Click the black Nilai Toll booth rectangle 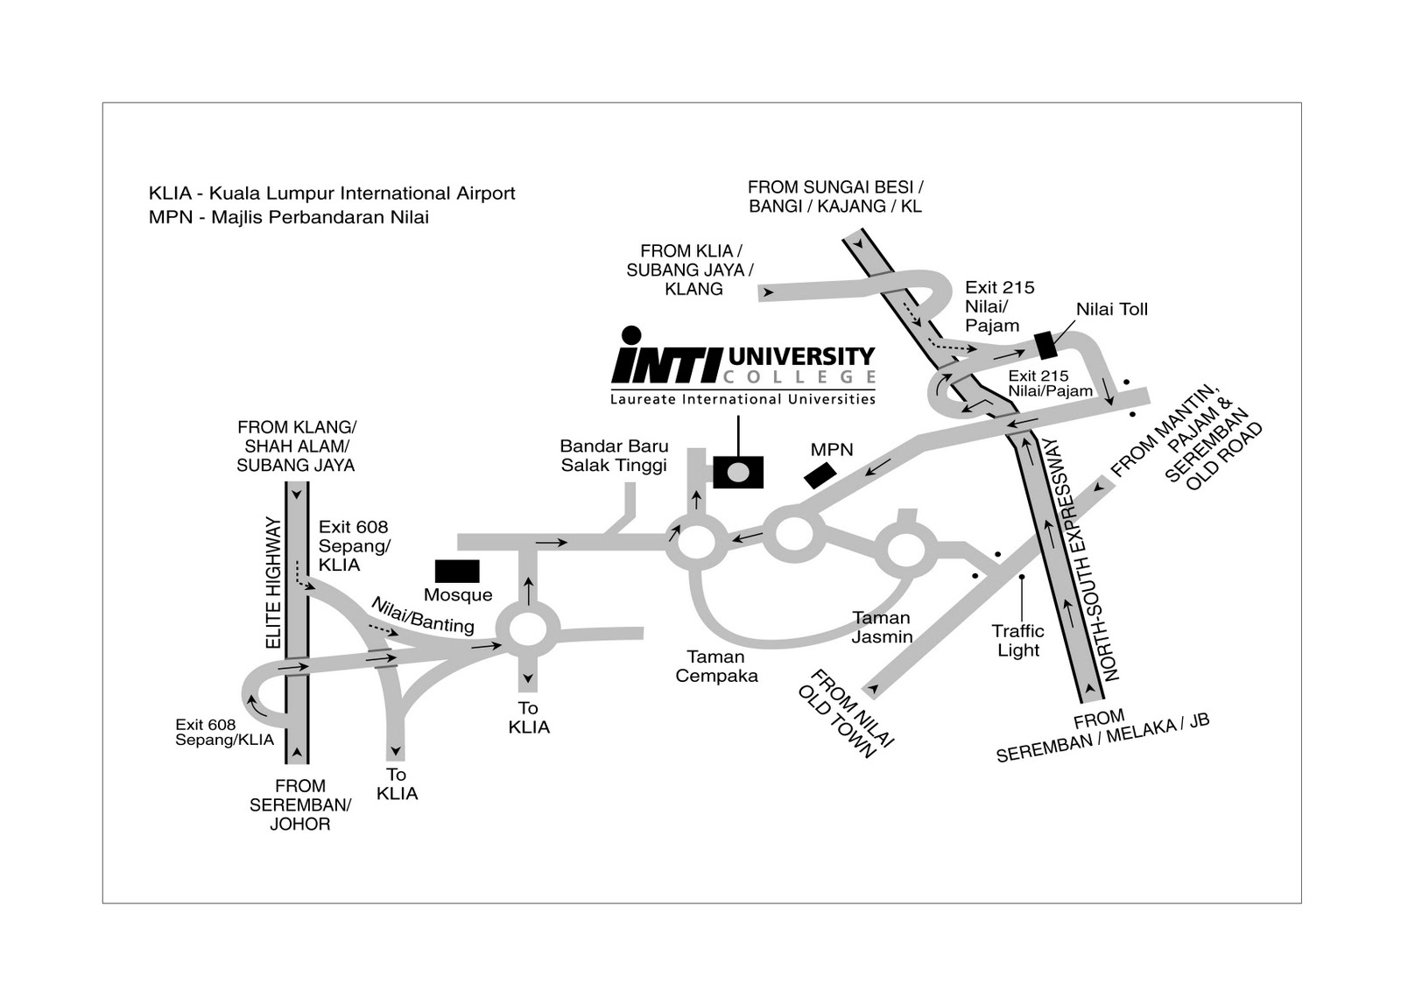click(1045, 346)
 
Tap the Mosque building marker click(457, 571)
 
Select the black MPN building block click(820, 476)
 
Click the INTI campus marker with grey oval click(738, 472)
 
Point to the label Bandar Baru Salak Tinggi click(614, 456)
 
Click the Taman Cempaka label click(716, 666)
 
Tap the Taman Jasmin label click(882, 628)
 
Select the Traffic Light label click(1018, 641)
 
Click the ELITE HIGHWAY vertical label click(273, 582)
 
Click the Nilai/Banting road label click(423, 615)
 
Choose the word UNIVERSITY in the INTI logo click(802, 356)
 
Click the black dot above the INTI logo click(631, 334)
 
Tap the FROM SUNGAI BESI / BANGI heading click(835, 196)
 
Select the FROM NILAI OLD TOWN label click(846, 714)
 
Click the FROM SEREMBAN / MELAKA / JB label click(1102, 738)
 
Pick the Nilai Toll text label click(1111, 309)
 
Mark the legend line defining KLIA click(332, 193)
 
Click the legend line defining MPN click(288, 217)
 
